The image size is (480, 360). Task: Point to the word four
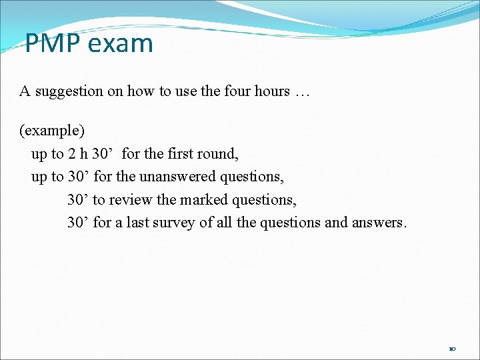[x=237, y=91]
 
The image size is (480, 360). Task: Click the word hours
[x=271, y=91]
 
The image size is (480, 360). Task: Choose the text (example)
[x=52, y=130]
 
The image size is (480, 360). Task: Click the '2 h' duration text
[x=78, y=153]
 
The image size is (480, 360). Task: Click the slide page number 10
[x=453, y=349]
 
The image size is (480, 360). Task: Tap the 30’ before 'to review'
[x=78, y=199]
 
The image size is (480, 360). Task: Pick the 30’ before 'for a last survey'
[x=78, y=222]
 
